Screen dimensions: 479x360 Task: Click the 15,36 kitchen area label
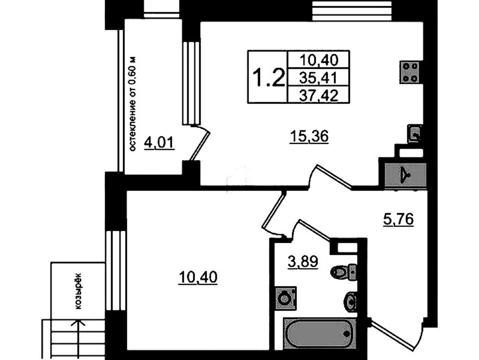pyautogui.click(x=310, y=136)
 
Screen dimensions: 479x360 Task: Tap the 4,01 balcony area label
pyautogui.click(x=159, y=143)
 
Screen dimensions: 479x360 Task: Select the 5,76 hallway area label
pyautogui.click(x=398, y=219)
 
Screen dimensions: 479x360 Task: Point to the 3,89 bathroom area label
pyautogui.click(x=303, y=262)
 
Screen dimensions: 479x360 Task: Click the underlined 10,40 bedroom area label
pyautogui.click(x=198, y=278)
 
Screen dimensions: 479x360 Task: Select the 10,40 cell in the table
pyautogui.click(x=318, y=60)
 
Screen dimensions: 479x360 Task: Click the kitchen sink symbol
pyautogui.click(x=415, y=134)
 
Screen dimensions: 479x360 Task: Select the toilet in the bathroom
pyautogui.click(x=344, y=271)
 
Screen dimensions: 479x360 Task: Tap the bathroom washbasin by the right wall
pyautogui.click(x=350, y=301)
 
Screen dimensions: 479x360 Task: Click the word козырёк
pyautogui.click(x=78, y=291)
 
